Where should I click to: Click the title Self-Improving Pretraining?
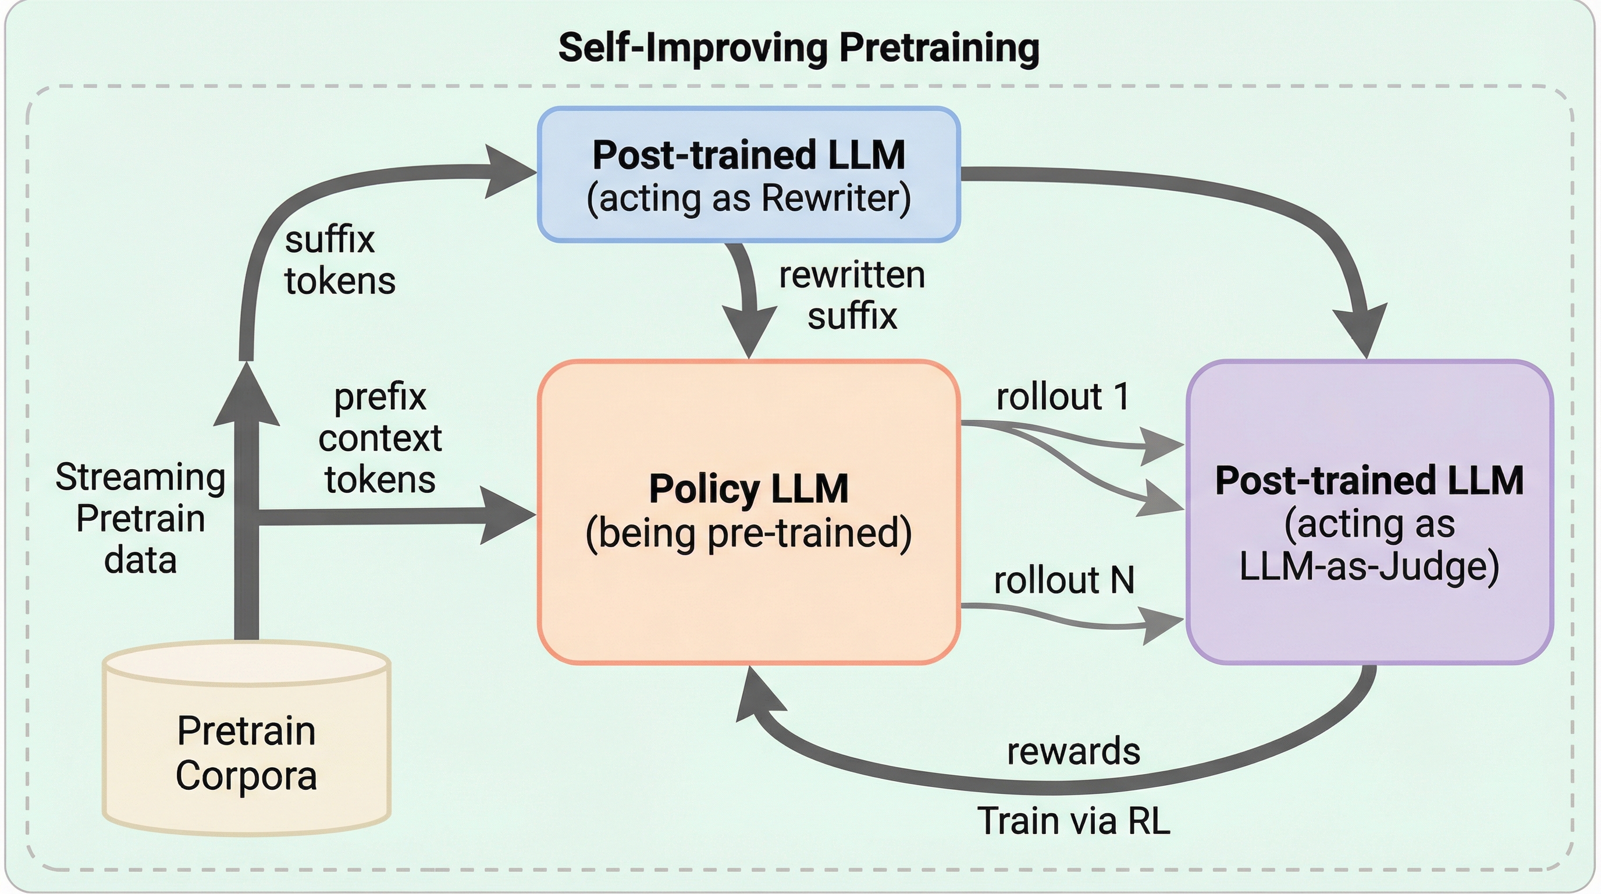tap(799, 48)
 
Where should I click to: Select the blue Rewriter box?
tap(748, 175)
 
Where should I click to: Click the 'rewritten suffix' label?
tap(852, 295)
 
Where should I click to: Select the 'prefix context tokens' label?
tap(380, 438)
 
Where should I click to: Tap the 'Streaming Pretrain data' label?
tap(140, 518)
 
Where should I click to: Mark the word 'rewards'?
tap(1073, 751)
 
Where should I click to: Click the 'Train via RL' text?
tap(1073, 821)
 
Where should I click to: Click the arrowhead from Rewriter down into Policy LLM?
tap(750, 332)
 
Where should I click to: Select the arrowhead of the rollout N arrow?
tap(1162, 623)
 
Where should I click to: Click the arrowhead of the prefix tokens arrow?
tap(507, 515)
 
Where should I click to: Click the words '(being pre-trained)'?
tap(748, 533)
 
